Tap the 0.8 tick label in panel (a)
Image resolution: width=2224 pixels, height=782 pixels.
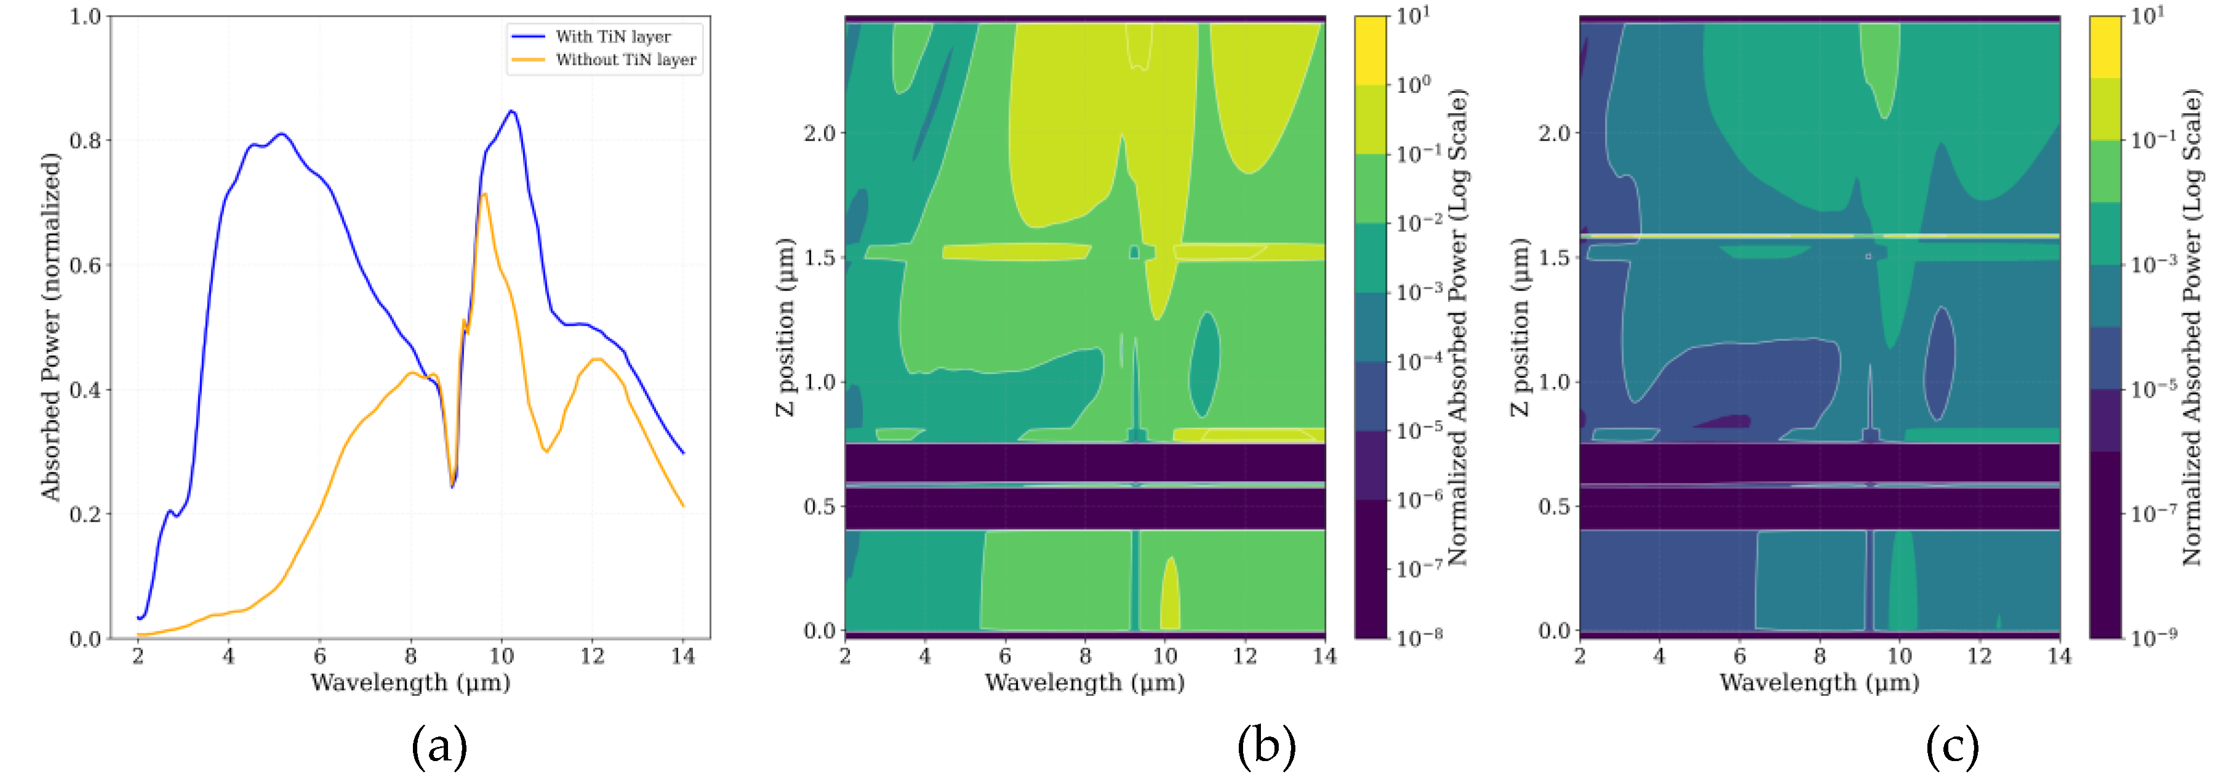click(x=86, y=141)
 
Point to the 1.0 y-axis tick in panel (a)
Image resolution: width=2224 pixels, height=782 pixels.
click(x=86, y=17)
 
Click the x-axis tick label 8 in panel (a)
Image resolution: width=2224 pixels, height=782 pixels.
click(x=410, y=656)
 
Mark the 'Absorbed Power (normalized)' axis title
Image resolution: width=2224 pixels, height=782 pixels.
click(x=51, y=326)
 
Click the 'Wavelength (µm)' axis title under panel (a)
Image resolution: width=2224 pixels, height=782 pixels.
click(x=410, y=683)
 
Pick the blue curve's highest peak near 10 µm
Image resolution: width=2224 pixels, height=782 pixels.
click(x=512, y=111)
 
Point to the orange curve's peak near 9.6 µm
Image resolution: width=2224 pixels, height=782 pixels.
click(x=484, y=194)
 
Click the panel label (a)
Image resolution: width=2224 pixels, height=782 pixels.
click(x=439, y=746)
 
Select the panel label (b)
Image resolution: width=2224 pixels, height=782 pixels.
click(x=1266, y=746)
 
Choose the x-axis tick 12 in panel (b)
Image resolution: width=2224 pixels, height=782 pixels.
click(x=1245, y=656)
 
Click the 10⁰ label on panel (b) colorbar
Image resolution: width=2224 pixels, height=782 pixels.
click(x=1414, y=84)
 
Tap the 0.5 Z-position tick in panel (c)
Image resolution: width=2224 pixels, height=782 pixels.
click(x=1554, y=506)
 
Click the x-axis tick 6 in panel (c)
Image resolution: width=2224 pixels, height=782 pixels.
click(x=1740, y=656)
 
